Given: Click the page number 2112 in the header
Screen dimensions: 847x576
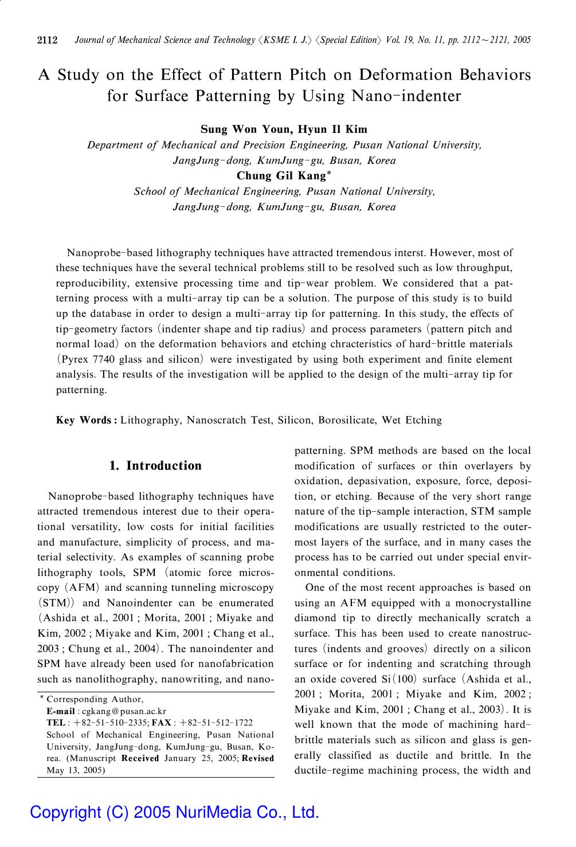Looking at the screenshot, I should click(x=48, y=40).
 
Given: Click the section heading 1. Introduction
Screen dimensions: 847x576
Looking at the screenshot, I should click(x=155, y=465).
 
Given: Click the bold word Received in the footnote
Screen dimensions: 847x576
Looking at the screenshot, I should click(x=140, y=758).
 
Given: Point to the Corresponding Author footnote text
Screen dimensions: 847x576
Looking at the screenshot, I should click(x=95, y=699).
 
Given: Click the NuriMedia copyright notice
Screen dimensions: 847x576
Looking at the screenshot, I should click(x=174, y=812).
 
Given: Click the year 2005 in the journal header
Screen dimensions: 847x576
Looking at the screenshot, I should click(x=523, y=40).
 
